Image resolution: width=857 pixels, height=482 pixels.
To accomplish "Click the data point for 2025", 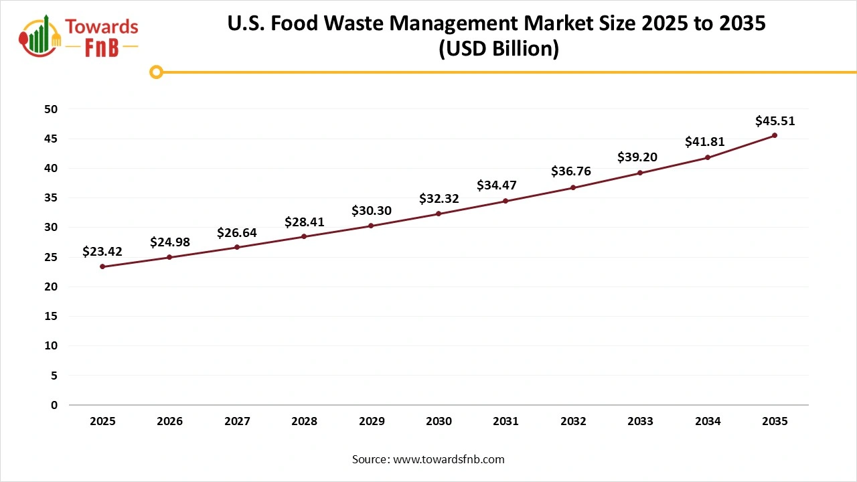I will [102, 266].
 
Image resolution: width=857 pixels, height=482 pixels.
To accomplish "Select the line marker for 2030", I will [439, 214].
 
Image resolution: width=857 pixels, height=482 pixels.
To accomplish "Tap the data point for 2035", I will [775, 135].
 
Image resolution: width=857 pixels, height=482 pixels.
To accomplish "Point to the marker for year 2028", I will [304, 236].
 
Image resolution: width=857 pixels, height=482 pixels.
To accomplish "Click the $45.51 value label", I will [775, 121].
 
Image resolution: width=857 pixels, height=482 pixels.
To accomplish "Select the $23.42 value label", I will [102, 252].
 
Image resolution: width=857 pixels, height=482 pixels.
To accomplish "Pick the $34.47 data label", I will [497, 185].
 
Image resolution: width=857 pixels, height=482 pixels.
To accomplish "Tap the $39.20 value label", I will [637, 157].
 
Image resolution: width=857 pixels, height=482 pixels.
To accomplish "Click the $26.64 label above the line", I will [237, 233].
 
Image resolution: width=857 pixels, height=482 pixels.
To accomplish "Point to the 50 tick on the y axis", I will [50, 109].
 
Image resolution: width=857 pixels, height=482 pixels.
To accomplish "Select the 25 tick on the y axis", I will [50, 257].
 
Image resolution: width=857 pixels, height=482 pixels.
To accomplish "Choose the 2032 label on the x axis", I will [573, 422].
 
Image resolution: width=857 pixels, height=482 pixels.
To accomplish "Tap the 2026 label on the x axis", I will [170, 422].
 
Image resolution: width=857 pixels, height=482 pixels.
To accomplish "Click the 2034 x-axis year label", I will [708, 422].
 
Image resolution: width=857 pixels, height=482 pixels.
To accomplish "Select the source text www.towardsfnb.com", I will [449, 459].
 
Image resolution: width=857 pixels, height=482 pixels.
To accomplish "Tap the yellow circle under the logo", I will [156, 72].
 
